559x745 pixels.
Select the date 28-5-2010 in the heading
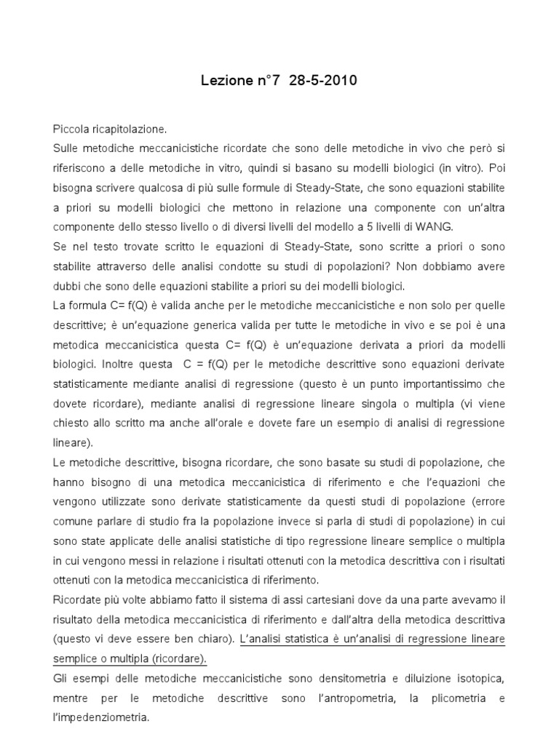[x=323, y=81]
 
